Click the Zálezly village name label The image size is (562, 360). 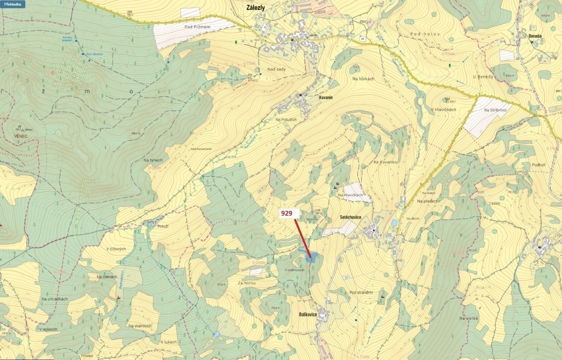pyautogui.click(x=256, y=7)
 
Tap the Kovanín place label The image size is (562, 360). pyautogui.click(x=326, y=98)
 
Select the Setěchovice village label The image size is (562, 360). pyautogui.click(x=350, y=217)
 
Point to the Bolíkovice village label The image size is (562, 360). pyautogui.click(x=308, y=314)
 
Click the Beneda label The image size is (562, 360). pyautogui.click(x=535, y=36)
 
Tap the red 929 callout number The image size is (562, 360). pyautogui.click(x=286, y=213)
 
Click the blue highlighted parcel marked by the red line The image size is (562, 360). pyautogui.click(x=312, y=257)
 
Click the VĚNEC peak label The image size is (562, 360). pyautogui.click(x=21, y=136)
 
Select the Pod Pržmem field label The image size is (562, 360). pyautogui.click(x=197, y=27)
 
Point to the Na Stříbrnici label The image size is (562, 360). pyautogui.click(x=495, y=110)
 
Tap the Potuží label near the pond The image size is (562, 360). pyautogui.click(x=163, y=226)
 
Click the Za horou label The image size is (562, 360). pyautogui.click(x=247, y=283)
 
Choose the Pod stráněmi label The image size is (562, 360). pyautogui.click(x=361, y=292)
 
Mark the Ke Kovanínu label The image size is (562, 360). pyautogui.click(x=386, y=163)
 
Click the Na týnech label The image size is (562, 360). pyautogui.click(x=153, y=160)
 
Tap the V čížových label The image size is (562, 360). pyautogui.click(x=116, y=249)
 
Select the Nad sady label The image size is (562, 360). pyautogui.click(x=276, y=69)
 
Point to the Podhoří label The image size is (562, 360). pyautogui.click(x=539, y=165)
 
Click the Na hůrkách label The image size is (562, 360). pyautogui.click(x=363, y=79)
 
